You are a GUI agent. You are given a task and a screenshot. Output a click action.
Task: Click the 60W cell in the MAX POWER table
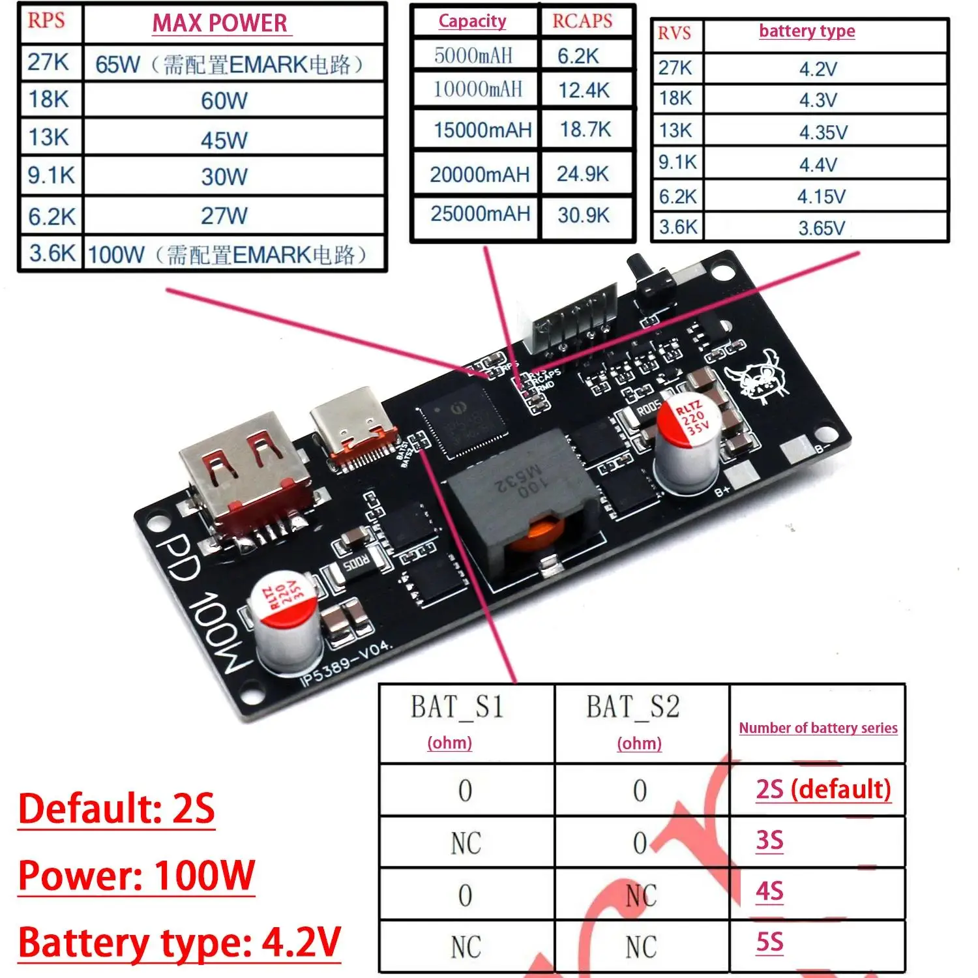click(x=224, y=100)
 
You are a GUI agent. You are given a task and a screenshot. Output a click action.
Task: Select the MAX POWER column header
click(x=220, y=23)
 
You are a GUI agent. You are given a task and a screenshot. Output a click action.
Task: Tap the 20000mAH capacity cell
click(x=479, y=175)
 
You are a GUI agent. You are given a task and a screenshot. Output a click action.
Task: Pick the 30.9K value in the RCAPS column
click(x=583, y=215)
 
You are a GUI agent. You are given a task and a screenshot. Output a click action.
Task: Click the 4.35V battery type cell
click(x=823, y=132)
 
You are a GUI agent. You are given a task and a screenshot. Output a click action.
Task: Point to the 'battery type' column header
click(x=807, y=31)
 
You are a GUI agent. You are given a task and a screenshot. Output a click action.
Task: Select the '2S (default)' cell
click(x=823, y=789)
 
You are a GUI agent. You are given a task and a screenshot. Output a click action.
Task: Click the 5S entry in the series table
click(x=769, y=943)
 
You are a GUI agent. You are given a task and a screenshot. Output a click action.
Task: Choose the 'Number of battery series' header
click(x=818, y=728)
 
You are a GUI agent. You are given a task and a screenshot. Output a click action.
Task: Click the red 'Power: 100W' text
click(x=136, y=875)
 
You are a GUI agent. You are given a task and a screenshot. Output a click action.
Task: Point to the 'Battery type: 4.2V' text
click(x=179, y=943)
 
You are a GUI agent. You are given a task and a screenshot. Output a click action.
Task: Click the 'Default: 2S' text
click(x=117, y=808)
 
